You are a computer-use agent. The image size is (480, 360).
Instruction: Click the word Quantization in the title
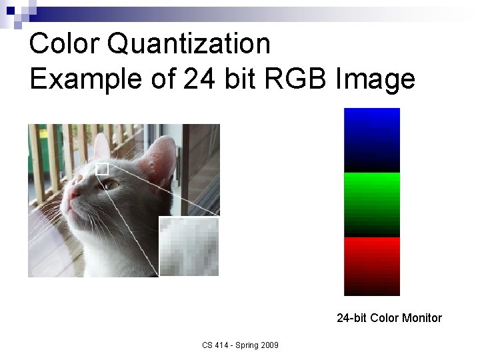[189, 45]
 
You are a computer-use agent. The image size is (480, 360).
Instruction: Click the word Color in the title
[64, 44]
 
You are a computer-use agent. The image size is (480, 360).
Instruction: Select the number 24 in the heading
[198, 79]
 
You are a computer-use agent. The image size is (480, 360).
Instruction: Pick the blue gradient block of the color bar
[372, 140]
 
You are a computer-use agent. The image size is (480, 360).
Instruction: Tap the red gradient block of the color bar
[372, 266]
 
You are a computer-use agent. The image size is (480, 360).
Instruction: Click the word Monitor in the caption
[420, 318]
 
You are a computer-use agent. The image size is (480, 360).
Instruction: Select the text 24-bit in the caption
[351, 318]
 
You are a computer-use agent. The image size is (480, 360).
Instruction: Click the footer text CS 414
[215, 345]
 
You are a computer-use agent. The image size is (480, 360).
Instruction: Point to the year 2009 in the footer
[269, 345]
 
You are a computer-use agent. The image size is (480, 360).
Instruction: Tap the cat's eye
[110, 183]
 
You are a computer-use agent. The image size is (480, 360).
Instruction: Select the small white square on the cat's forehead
[102, 169]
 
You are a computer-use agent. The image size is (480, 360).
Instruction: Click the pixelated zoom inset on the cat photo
[189, 246]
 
